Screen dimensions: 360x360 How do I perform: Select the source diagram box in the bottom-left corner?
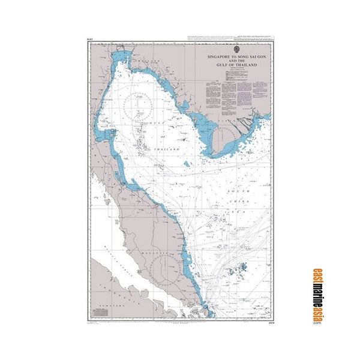point(96,316)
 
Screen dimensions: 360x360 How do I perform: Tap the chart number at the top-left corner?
point(91,38)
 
